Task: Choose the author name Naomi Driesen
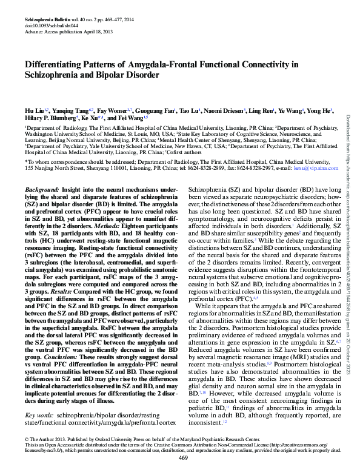[x=224, y=110]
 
